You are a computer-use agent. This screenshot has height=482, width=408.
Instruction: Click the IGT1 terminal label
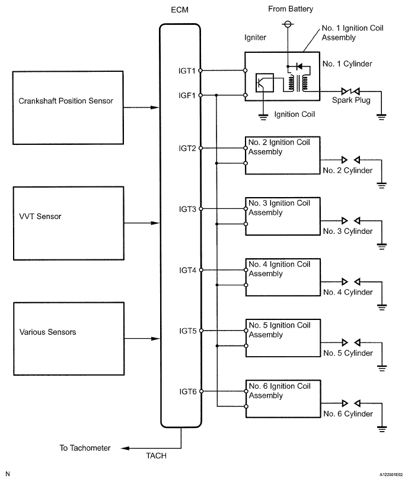(187, 71)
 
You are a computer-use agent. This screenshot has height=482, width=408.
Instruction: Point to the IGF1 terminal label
(187, 96)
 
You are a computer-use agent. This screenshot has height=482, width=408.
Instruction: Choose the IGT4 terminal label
(187, 270)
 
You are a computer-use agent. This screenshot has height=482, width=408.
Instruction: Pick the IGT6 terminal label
(188, 392)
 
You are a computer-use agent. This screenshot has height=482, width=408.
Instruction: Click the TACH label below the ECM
(157, 455)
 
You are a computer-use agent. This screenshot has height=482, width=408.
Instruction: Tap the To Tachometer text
(85, 448)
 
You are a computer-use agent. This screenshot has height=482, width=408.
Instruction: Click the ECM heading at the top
(180, 10)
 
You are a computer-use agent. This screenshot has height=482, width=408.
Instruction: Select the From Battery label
(291, 9)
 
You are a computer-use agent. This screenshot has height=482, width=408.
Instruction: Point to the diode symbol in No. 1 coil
(299, 66)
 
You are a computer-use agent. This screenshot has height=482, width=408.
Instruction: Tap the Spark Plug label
(351, 100)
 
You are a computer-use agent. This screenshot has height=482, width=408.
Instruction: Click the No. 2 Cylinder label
(348, 170)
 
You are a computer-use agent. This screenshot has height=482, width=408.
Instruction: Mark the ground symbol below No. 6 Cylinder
(382, 429)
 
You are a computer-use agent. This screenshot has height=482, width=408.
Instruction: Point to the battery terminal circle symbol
(288, 24)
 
